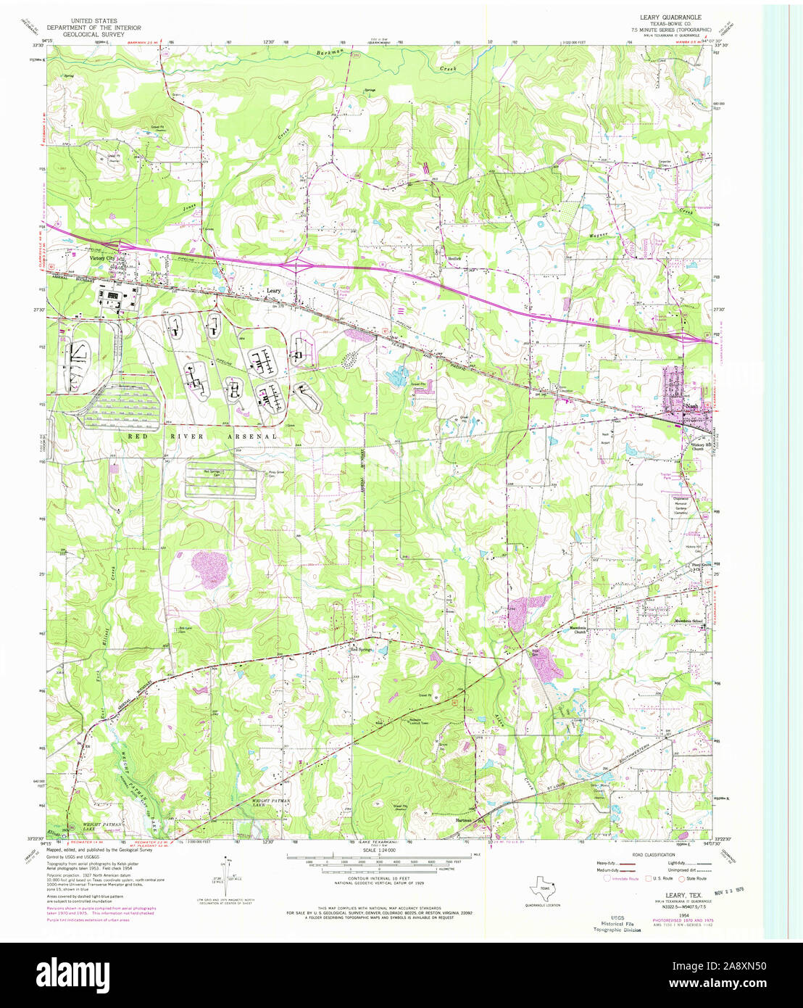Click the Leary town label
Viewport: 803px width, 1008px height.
click(273, 291)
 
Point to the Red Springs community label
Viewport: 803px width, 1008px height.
click(361, 649)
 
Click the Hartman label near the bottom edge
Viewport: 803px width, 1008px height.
click(463, 821)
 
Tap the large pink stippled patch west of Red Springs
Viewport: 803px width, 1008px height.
click(208, 569)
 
